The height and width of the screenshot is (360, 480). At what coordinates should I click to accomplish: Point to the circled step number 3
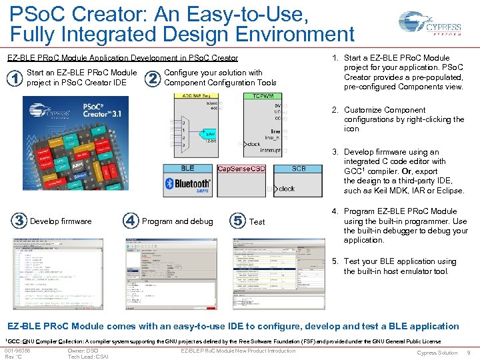click(19, 221)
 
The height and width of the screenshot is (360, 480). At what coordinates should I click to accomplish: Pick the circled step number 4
click(131, 221)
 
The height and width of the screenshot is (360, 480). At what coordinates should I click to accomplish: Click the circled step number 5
click(237, 221)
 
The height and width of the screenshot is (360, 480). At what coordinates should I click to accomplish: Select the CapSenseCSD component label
click(241, 169)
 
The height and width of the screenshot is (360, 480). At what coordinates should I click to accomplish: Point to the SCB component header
click(299, 169)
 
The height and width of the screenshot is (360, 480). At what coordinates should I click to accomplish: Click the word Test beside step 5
click(257, 222)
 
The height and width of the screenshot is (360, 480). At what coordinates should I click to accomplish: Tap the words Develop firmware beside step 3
click(61, 221)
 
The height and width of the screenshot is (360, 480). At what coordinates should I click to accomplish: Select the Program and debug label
click(177, 221)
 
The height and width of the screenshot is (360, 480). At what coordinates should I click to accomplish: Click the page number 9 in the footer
click(469, 353)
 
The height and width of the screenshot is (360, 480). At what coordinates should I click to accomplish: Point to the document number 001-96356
click(17, 351)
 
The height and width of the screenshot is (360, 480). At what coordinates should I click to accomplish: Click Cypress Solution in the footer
click(437, 353)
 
